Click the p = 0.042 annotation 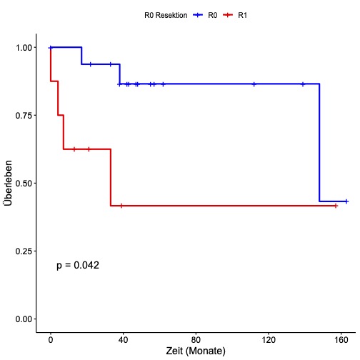pos(78,265)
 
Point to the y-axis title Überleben pos(9,184)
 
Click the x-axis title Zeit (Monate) pos(196,351)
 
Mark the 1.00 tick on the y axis pos(22,47)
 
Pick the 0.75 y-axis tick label pos(22,115)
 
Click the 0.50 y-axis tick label pos(22,183)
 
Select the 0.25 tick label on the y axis pos(22,251)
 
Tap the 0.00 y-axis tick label pos(22,319)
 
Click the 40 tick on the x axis pos(123,339)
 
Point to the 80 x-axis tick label pos(196,339)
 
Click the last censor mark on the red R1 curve pos(336,206)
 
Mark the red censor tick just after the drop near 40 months pos(121,206)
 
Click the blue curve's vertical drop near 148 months pos(319,143)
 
